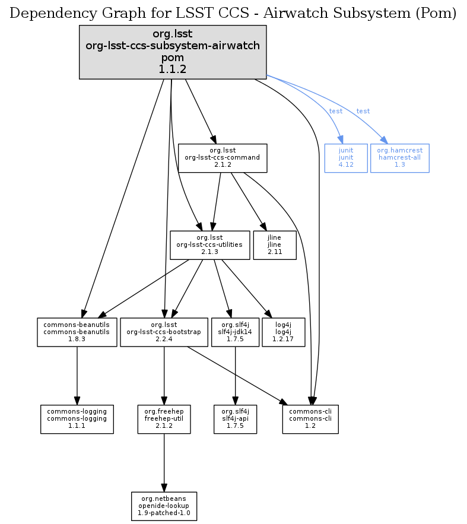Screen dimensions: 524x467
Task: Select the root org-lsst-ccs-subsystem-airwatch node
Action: (173, 52)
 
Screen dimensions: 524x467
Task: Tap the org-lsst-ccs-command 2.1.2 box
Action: (223, 158)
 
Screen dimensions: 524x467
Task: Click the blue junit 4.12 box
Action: (345, 158)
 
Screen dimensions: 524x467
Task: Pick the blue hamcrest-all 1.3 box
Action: (399, 158)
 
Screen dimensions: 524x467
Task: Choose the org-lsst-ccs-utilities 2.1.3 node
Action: (209, 244)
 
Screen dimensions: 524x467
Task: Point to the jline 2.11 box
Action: (274, 244)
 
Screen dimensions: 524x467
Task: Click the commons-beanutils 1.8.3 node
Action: (77, 332)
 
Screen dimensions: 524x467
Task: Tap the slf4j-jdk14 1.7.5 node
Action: (236, 332)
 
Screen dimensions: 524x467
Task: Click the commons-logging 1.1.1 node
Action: (77, 419)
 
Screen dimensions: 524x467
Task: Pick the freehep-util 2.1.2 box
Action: (164, 419)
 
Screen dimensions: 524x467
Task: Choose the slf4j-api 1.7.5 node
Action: (236, 419)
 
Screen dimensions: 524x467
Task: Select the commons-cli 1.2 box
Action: (310, 419)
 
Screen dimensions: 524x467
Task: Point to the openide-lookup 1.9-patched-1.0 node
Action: (164, 506)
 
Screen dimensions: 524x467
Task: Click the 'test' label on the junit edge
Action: (336, 111)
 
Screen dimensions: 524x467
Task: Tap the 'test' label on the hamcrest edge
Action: (363, 111)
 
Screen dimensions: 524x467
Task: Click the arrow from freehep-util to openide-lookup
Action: (164, 462)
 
